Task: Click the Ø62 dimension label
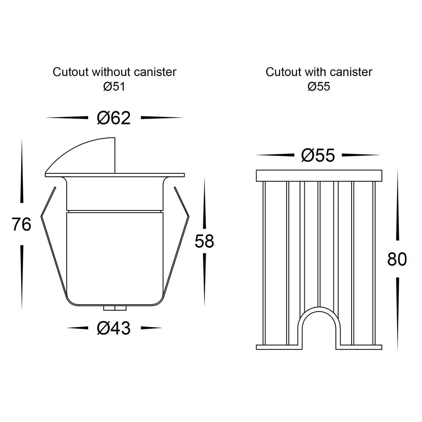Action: pos(114,118)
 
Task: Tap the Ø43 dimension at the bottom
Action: pos(114,328)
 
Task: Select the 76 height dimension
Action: pos(22,224)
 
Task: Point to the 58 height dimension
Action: pos(204,241)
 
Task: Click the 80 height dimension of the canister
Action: pos(397,259)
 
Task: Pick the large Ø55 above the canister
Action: pos(318,155)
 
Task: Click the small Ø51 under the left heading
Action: pos(114,87)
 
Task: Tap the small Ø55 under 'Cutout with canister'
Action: pos(319,87)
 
